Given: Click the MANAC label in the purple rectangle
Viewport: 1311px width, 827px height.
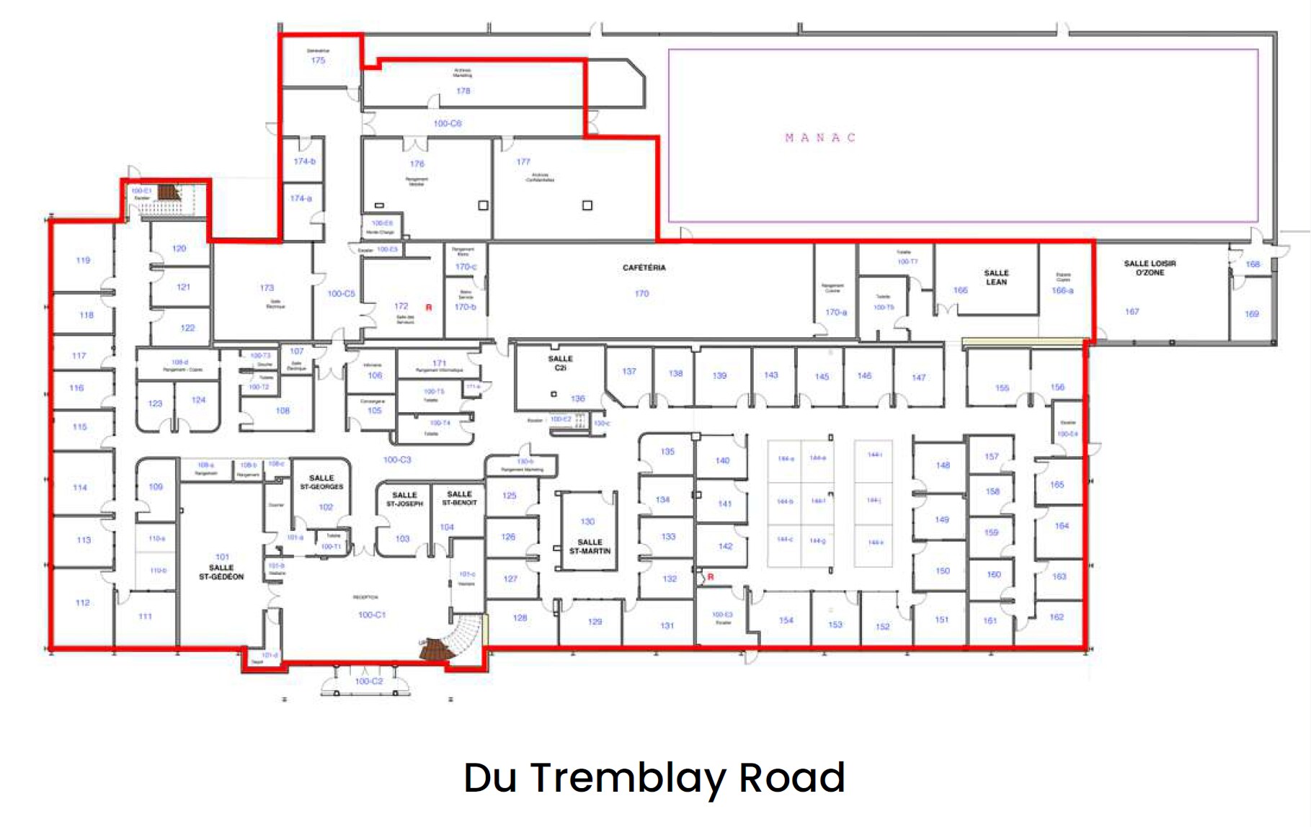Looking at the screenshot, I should (819, 138).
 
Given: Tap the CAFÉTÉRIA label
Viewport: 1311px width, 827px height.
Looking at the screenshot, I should (644, 268).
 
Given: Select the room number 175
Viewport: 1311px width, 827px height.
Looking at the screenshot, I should (318, 61).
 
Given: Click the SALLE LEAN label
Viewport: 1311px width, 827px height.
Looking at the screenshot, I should (996, 277).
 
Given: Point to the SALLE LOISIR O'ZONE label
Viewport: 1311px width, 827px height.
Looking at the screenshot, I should (1150, 268).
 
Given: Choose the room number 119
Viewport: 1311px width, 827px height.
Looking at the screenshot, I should (83, 260).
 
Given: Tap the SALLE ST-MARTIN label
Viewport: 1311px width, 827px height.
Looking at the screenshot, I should (590, 547).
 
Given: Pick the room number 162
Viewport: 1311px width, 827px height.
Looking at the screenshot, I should (1056, 617).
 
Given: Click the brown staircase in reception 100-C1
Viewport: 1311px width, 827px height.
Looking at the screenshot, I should (435, 649).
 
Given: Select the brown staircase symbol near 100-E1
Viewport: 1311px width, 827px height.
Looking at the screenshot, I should (169, 192).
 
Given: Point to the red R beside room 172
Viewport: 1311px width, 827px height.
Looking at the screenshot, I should (429, 308).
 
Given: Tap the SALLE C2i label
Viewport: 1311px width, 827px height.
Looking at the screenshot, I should (560, 363).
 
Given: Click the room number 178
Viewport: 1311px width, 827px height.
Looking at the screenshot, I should (463, 91).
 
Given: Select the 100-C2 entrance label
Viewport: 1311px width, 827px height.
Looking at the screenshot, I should (368, 681).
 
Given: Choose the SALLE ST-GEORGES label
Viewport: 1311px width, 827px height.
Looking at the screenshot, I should (321, 483).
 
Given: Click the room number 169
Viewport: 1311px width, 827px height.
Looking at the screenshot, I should (1251, 314).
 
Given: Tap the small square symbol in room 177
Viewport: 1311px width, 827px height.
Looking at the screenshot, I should (587, 205).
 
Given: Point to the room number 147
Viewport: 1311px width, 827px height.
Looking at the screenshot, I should (918, 377).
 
